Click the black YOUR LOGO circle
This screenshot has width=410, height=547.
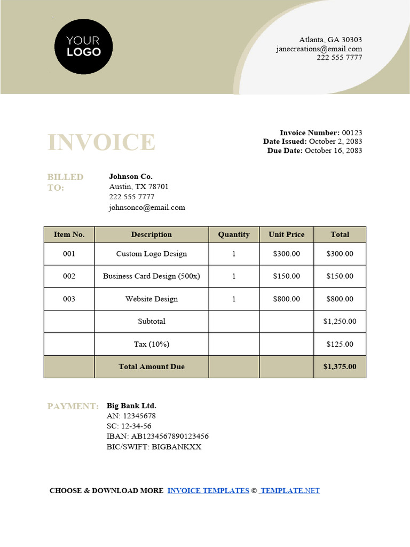pyautogui.click(x=83, y=46)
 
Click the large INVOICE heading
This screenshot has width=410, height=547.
pyautogui.click(x=101, y=143)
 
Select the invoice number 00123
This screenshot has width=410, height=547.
pyautogui.click(x=352, y=132)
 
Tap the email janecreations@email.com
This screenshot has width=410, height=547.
pyautogui.click(x=319, y=49)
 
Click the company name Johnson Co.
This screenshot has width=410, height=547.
pyautogui.click(x=131, y=176)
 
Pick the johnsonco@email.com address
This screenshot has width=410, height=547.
pyautogui.click(x=147, y=207)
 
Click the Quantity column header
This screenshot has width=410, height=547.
pyautogui.click(x=234, y=235)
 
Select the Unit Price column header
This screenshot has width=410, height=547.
pyautogui.click(x=287, y=235)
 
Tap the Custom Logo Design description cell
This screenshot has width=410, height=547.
pyautogui.click(x=152, y=254)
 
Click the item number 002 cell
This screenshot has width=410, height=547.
pyautogui.click(x=69, y=276)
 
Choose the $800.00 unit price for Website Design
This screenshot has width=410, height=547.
pyautogui.click(x=287, y=299)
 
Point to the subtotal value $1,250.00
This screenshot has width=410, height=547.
pyautogui.click(x=340, y=322)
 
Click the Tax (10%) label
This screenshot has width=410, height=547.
pyautogui.click(x=152, y=345)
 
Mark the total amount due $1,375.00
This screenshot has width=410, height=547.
pyautogui.click(x=340, y=366)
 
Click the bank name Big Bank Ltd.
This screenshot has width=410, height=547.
pyautogui.click(x=131, y=406)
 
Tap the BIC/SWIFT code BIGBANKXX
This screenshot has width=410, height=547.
pyautogui.click(x=177, y=447)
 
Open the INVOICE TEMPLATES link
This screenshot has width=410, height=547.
pyautogui.click(x=208, y=490)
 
